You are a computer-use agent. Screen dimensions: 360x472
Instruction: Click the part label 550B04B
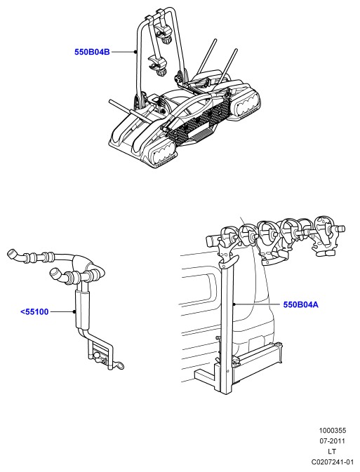click(x=92, y=52)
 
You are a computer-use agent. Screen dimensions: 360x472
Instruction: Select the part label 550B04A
click(x=300, y=304)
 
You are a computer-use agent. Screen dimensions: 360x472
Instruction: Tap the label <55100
click(x=34, y=312)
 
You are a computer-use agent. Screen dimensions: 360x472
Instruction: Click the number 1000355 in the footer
click(x=333, y=431)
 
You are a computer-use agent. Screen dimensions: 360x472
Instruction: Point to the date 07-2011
click(x=333, y=441)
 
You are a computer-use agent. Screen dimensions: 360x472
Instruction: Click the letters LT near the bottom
click(x=332, y=452)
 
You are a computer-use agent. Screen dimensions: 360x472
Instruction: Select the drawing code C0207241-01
click(x=333, y=461)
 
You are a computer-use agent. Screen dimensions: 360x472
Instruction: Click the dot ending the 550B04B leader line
click(x=135, y=52)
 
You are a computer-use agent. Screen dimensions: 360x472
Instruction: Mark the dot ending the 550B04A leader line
click(x=234, y=304)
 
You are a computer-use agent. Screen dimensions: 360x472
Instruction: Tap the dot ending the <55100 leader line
click(x=74, y=312)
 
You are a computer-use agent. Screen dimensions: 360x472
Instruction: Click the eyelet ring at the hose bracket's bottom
click(x=119, y=365)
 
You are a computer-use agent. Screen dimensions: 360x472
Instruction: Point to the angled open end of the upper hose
click(x=12, y=253)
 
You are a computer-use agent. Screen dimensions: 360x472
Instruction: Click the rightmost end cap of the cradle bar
click(x=341, y=228)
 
